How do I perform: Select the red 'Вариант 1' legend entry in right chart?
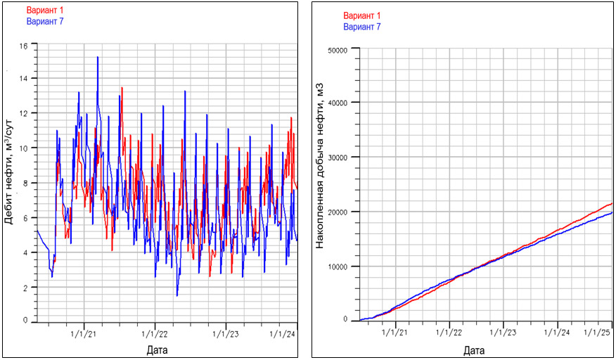[x=362, y=16]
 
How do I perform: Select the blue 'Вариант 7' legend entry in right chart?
[x=362, y=27]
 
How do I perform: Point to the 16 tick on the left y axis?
[x=23, y=46]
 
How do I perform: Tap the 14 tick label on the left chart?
[x=23, y=78]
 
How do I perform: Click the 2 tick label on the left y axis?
[x=25, y=288]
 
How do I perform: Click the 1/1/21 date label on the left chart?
[x=85, y=334]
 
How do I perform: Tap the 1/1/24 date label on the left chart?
[x=283, y=334]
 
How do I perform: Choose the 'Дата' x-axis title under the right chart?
[x=475, y=349]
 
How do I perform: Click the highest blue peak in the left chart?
[x=98, y=57]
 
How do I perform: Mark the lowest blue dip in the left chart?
[x=177, y=295]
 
